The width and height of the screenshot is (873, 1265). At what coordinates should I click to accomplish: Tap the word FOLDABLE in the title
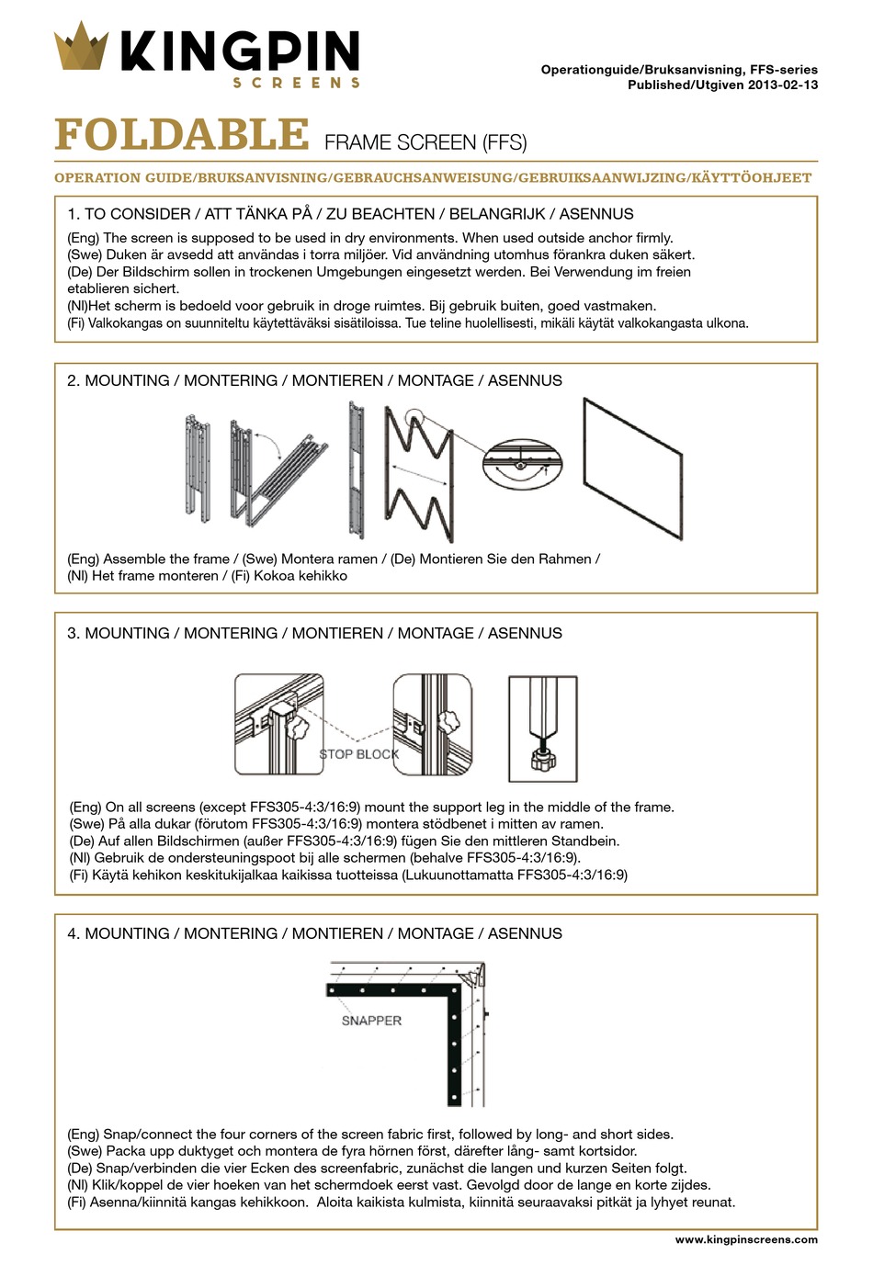coord(182,134)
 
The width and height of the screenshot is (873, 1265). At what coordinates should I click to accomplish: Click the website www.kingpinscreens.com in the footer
coord(745,1239)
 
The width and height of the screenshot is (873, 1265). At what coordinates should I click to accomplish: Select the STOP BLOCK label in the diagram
coord(358,754)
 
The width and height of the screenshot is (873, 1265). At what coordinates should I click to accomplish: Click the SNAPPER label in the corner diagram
coord(371,1020)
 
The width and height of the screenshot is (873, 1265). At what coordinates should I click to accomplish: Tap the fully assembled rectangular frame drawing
coord(633,469)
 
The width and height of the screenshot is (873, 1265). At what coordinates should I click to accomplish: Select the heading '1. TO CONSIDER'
coord(129,214)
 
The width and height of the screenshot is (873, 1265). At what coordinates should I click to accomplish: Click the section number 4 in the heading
coord(73,933)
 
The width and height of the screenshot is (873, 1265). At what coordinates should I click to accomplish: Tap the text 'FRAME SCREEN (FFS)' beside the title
coord(425,142)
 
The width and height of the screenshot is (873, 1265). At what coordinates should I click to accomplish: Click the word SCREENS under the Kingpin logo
coord(296,83)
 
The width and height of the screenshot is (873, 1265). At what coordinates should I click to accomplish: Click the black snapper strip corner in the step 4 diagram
coord(453,991)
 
